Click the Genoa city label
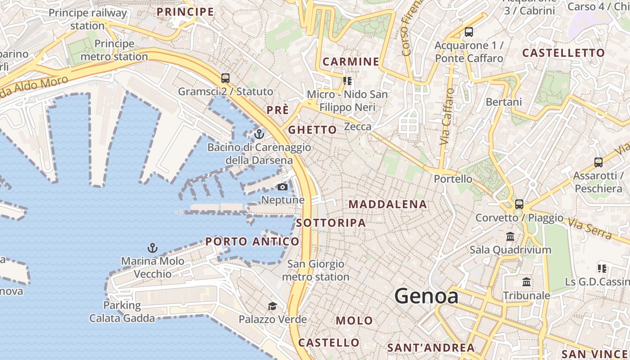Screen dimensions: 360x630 (x=426, y=296)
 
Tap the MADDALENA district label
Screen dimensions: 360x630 (x=387, y=204)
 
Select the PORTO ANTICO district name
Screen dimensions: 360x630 (x=252, y=242)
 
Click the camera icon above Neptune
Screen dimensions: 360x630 (x=283, y=187)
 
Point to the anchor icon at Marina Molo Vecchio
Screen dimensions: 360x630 (x=153, y=248)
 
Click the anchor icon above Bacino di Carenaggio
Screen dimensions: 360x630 (x=259, y=134)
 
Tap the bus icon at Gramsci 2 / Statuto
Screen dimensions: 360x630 (x=225, y=78)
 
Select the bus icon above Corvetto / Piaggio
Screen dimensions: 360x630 (x=519, y=204)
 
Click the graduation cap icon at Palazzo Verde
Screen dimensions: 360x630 (x=272, y=306)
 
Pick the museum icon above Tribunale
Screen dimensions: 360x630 (x=526, y=282)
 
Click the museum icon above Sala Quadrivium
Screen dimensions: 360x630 (x=510, y=236)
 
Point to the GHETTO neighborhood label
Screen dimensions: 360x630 (x=312, y=130)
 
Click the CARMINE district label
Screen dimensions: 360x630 (x=351, y=62)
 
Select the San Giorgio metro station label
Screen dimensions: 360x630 (x=315, y=270)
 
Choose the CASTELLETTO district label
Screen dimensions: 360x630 (x=563, y=53)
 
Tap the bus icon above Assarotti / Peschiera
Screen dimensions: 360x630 (x=598, y=162)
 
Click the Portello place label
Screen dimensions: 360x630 (x=453, y=179)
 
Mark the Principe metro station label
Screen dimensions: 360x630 (x=114, y=50)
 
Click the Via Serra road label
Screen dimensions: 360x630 (x=589, y=228)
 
